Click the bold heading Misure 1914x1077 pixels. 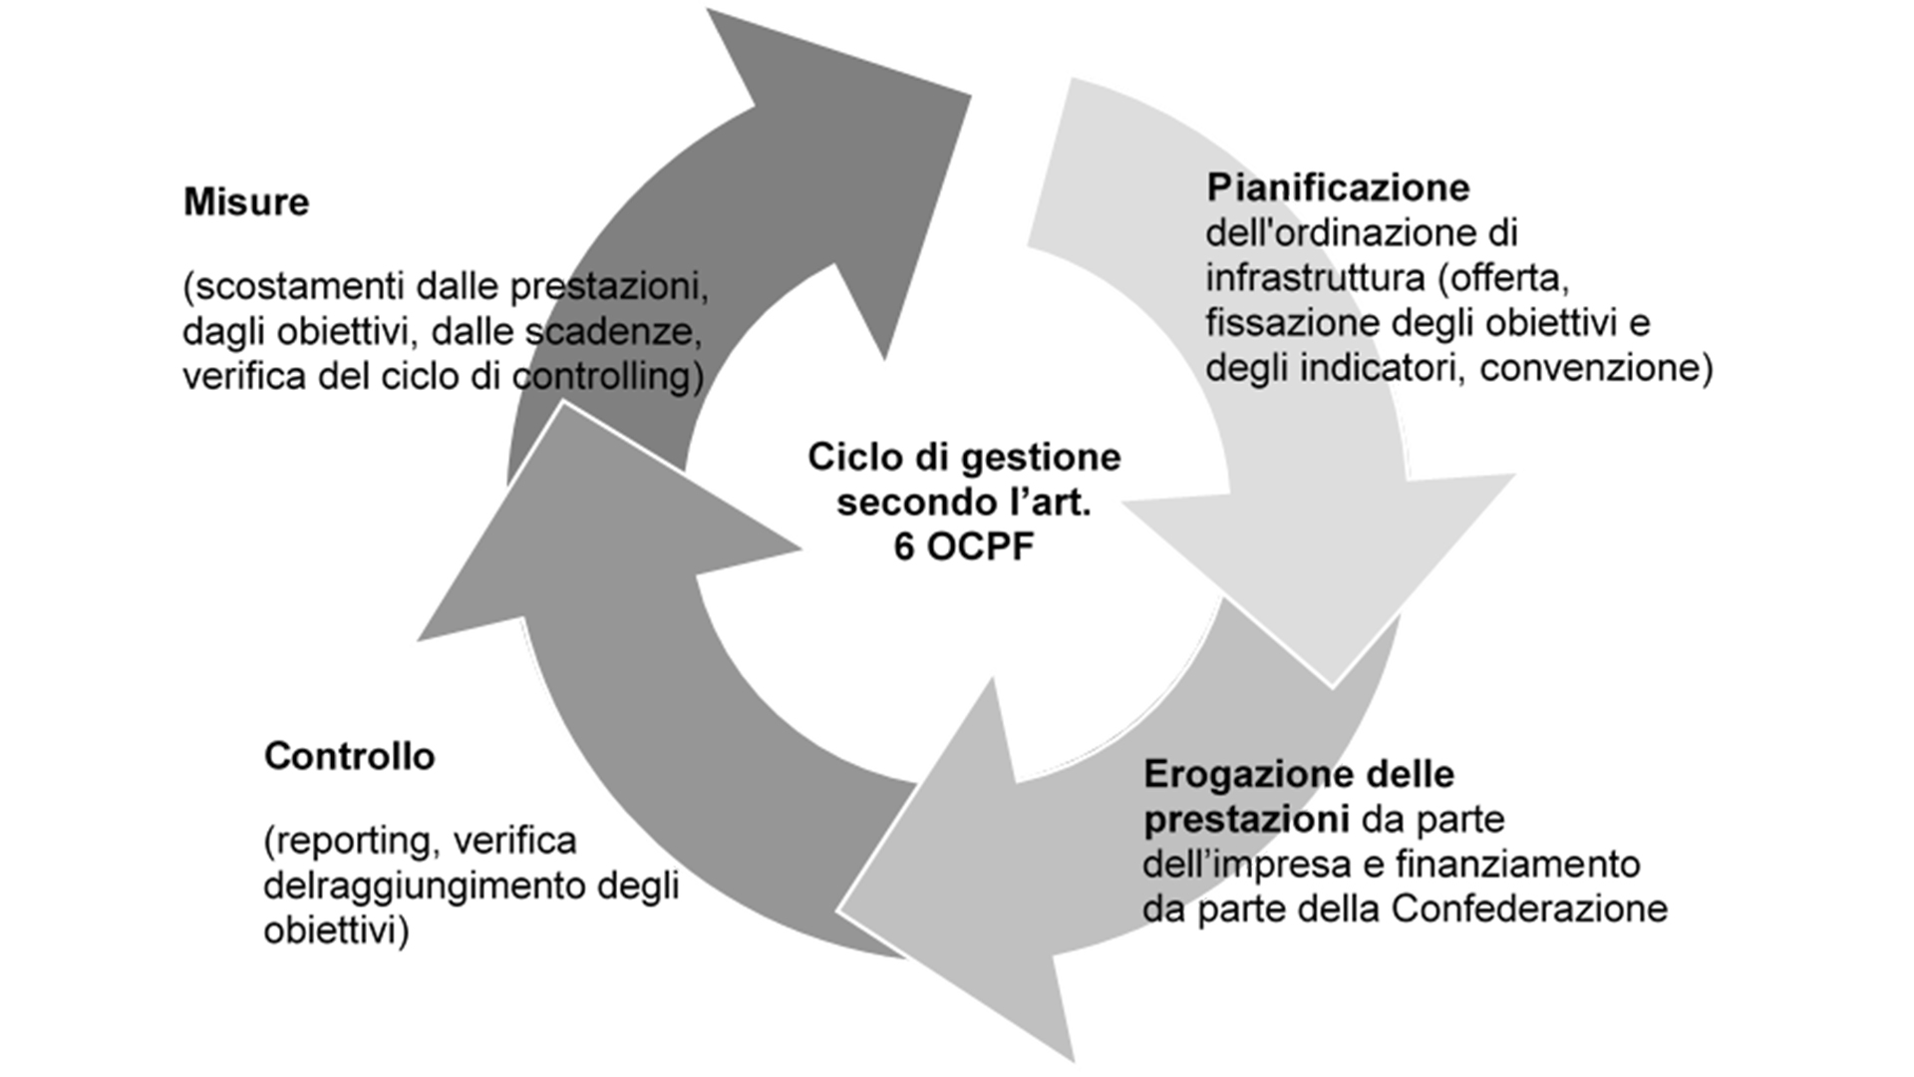pyautogui.click(x=246, y=202)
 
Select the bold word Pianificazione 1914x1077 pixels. pyautogui.click(x=1338, y=187)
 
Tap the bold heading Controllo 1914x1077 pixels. pyautogui.click(x=349, y=756)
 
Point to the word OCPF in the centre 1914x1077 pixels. pyautogui.click(x=979, y=546)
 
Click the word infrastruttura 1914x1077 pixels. pyautogui.click(x=1316, y=277)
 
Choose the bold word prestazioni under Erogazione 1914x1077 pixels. pyautogui.click(x=1246, y=820)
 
